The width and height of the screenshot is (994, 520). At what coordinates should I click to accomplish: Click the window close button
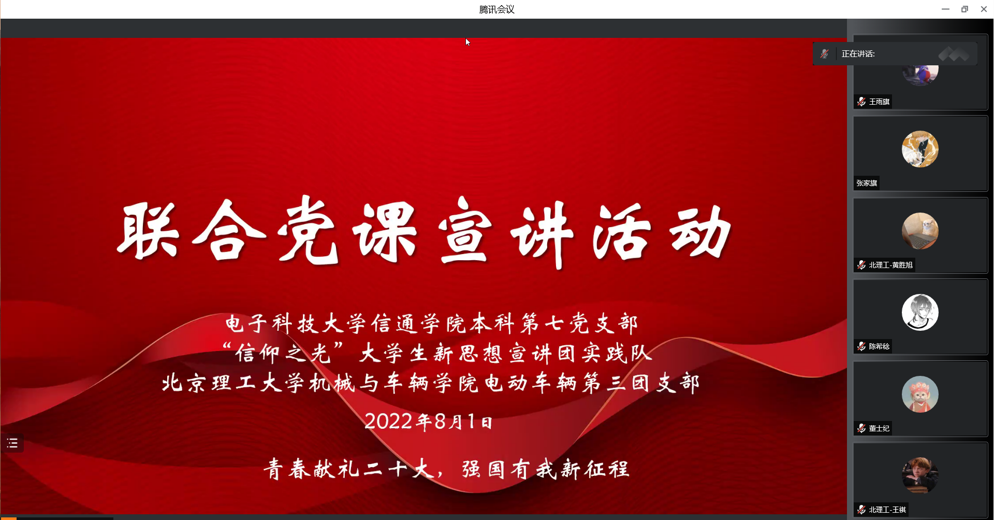984,9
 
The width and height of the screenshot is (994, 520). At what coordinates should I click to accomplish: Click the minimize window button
945,9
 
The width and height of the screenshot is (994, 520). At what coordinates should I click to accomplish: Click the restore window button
964,9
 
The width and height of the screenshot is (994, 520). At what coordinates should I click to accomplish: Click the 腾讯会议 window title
496,9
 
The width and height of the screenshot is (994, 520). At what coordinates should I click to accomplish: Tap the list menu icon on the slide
12,443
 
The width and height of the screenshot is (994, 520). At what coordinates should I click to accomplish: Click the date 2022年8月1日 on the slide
428,421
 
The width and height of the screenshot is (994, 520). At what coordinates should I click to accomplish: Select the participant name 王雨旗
879,102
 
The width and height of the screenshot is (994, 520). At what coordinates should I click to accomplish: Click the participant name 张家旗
867,183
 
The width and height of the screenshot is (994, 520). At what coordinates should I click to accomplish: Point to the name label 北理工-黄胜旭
890,265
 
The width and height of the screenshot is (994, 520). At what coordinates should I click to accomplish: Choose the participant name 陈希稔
879,346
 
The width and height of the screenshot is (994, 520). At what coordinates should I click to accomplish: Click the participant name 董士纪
879,428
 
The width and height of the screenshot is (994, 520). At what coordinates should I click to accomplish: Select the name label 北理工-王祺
887,510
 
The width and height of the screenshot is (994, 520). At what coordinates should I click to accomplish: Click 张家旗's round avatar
920,149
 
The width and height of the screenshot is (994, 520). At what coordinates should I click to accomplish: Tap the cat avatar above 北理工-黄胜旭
920,231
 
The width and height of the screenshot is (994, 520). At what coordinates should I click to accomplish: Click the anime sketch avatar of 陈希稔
920,313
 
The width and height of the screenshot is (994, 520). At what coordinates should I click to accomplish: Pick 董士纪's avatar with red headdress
920,394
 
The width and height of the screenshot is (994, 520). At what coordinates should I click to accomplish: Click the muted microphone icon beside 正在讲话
825,53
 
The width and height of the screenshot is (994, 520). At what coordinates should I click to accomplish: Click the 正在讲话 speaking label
858,53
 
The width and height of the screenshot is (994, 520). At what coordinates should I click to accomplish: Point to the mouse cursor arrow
467,42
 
